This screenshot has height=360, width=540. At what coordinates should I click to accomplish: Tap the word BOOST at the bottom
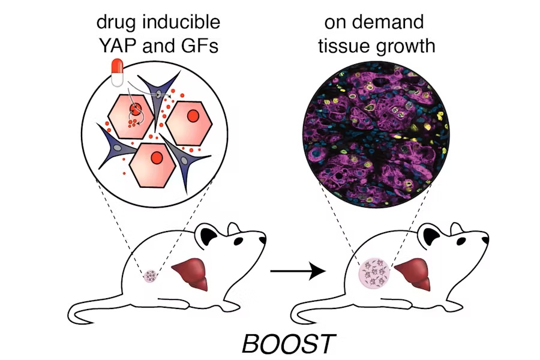pyautogui.click(x=288, y=343)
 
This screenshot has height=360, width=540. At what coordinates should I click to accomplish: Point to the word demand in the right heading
pyautogui.click(x=395, y=23)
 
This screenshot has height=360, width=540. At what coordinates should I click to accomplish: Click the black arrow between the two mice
pyautogui.click(x=297, y=273)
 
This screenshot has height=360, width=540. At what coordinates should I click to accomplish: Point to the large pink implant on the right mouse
pyautogui.click(x=375, y=274)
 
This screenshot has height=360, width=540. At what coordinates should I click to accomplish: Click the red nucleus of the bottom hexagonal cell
pyautogui.click(x=156, y=158)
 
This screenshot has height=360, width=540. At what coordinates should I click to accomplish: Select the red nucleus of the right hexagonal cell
pyautogui.click(x=193, y=115)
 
